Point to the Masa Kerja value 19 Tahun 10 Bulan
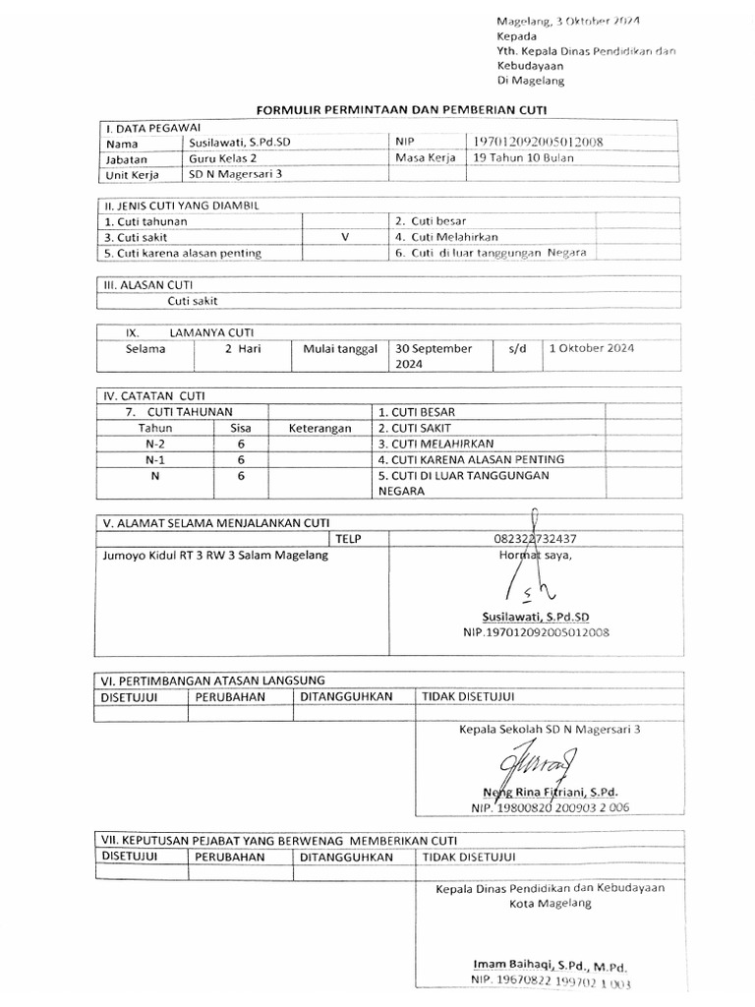(x=523, y=157)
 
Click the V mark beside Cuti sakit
(x=344, y=237)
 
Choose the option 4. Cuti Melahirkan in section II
(x=446, y=237)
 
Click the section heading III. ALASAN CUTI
(x=142, y=284)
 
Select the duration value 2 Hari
(x=242, y=349)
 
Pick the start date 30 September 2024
(x=434, y=356)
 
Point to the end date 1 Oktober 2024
(x=592, y=348)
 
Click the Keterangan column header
(x=319, y=429)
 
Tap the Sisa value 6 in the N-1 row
(x=240, y=459)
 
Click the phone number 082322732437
(x=536, y=539)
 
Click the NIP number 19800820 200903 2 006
(x=551, y=807)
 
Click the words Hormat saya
(x=536, y=555)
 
